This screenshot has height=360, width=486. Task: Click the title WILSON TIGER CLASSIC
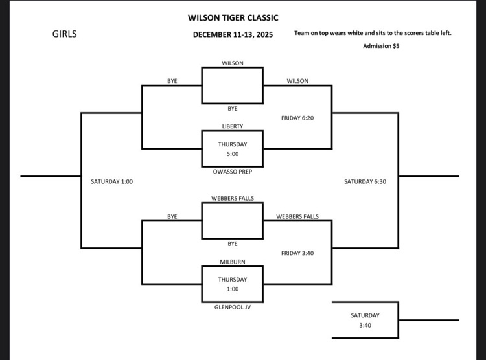[233, 18]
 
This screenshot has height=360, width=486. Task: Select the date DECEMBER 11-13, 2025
[233, 35]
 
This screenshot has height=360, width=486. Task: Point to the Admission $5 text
[381, 46]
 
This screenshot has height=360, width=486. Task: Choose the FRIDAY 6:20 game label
[297, 118]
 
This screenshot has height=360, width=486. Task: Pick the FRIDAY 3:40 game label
[297, 253]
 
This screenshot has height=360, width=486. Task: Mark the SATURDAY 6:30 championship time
[365, 182]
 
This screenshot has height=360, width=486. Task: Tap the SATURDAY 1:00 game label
[111, 182]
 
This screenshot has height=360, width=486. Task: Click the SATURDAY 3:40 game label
[365, 321]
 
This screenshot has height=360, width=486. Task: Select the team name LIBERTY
[233, 126]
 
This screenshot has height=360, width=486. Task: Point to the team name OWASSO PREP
[233, 172]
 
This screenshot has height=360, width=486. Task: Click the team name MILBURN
[233, 262]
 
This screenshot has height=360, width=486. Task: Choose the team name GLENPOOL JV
[233, 307]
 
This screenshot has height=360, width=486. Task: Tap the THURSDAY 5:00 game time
[233, 149]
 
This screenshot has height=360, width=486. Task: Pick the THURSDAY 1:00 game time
[233, 285]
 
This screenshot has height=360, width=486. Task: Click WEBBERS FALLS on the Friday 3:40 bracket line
[297, 216]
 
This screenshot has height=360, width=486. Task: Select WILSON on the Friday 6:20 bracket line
[297, 81]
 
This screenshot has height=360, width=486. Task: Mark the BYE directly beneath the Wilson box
[233, 109]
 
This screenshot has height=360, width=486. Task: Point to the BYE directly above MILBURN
[233, 244]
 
